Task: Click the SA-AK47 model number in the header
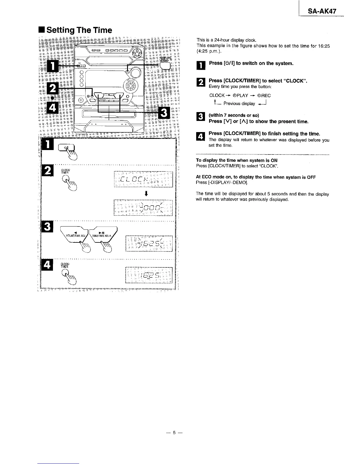tap(322, 11)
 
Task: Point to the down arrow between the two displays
tap(146, 193)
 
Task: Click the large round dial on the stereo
tap(129, 86)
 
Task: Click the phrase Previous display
tap(239, 104)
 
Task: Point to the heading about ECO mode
tap(256, 177)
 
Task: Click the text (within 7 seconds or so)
tap(234, 115)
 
